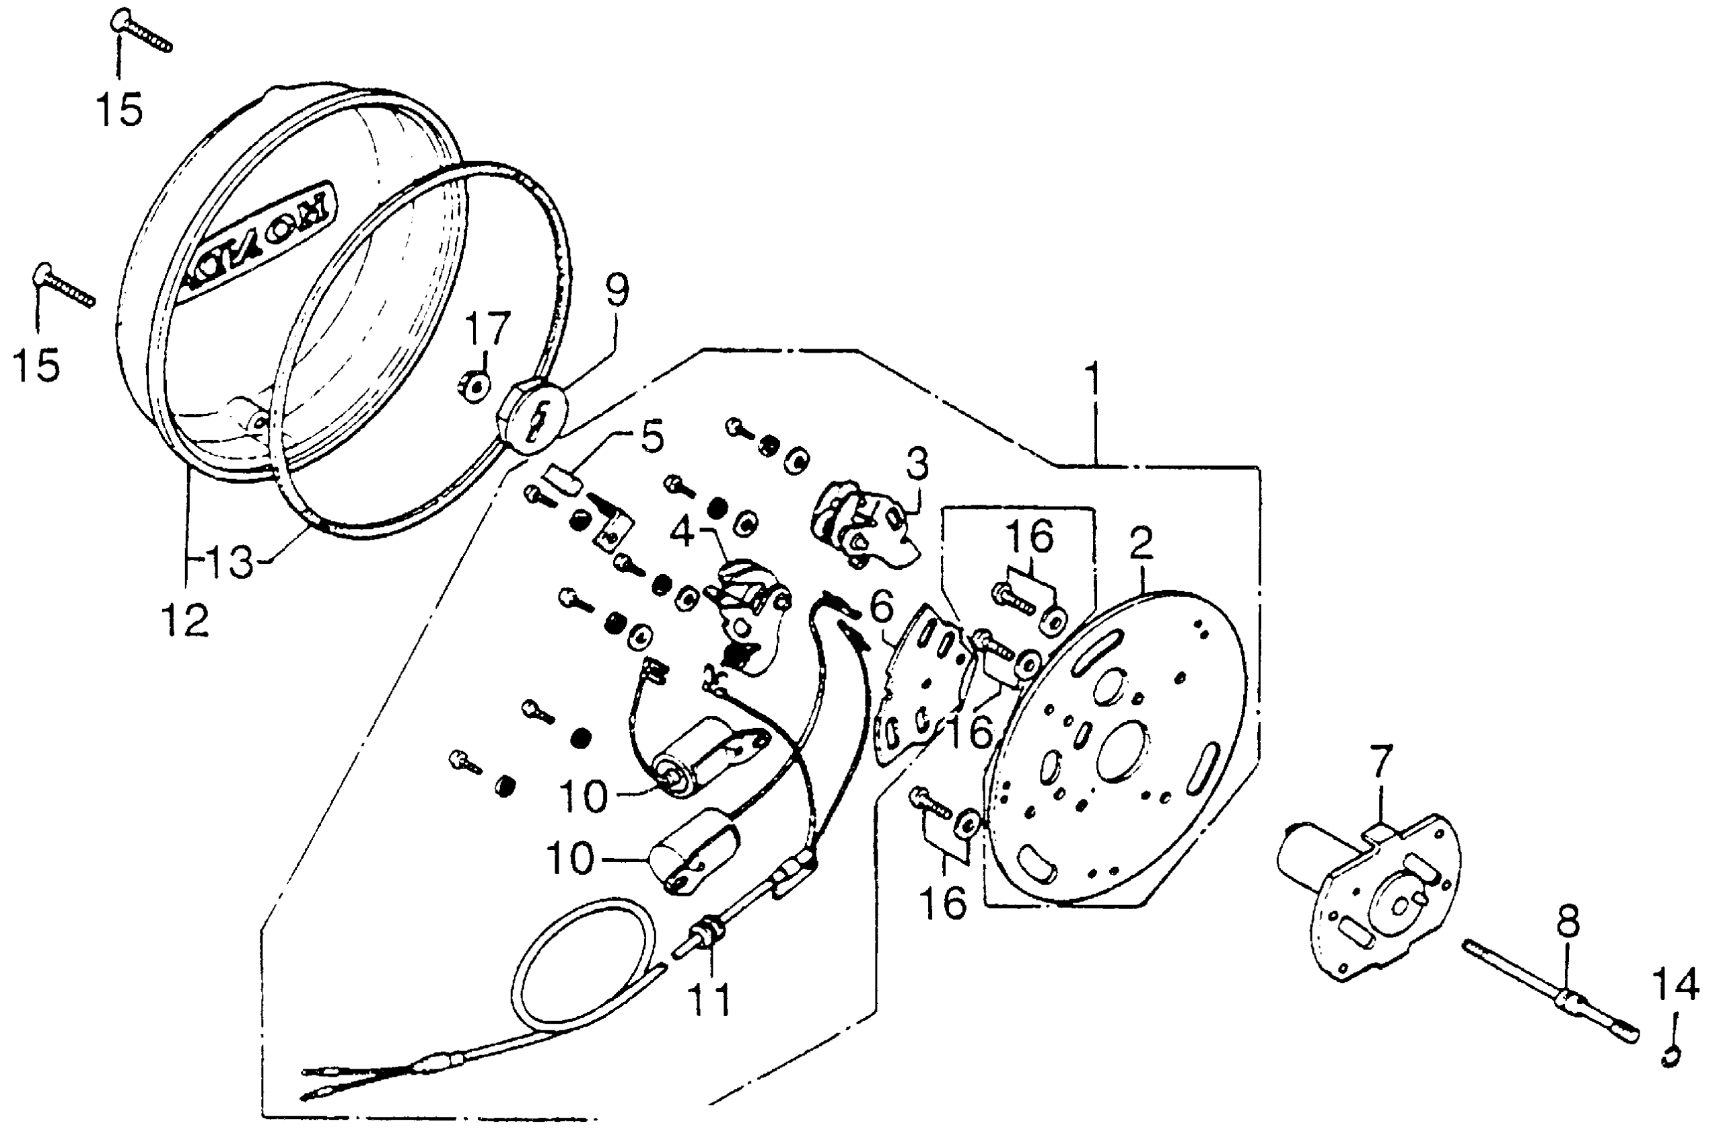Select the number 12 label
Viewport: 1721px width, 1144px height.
185,621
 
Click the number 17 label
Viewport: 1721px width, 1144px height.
487,329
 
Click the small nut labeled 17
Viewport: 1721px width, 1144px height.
476,384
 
